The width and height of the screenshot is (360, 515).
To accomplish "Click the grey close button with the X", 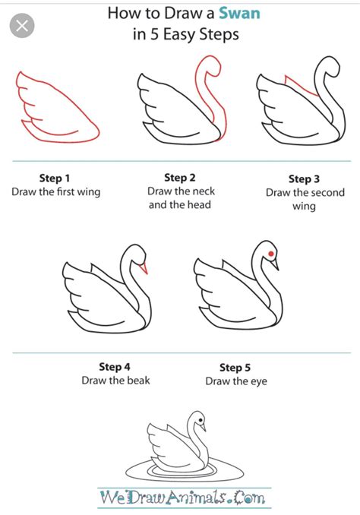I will click(24, 28).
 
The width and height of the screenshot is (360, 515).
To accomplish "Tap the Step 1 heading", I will click(55, 178).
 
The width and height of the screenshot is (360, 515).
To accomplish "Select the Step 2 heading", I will click(180, 178).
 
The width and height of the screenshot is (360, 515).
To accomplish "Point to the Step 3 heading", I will click(304, 179).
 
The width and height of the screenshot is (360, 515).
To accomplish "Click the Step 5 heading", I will click(235, 367).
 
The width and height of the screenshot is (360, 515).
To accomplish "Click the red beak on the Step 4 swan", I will click(144, 267).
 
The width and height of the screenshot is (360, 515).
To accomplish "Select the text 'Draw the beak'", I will click(115, 380).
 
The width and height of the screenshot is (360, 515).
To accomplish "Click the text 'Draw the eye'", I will click(235, 381).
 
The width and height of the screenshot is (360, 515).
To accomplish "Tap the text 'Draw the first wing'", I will click(55, 192).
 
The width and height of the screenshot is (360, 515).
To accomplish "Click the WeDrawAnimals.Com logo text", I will click(182, 498).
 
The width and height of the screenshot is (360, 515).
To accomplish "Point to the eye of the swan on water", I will click(199, 417).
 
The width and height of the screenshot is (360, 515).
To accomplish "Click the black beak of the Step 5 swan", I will click(276, 264).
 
